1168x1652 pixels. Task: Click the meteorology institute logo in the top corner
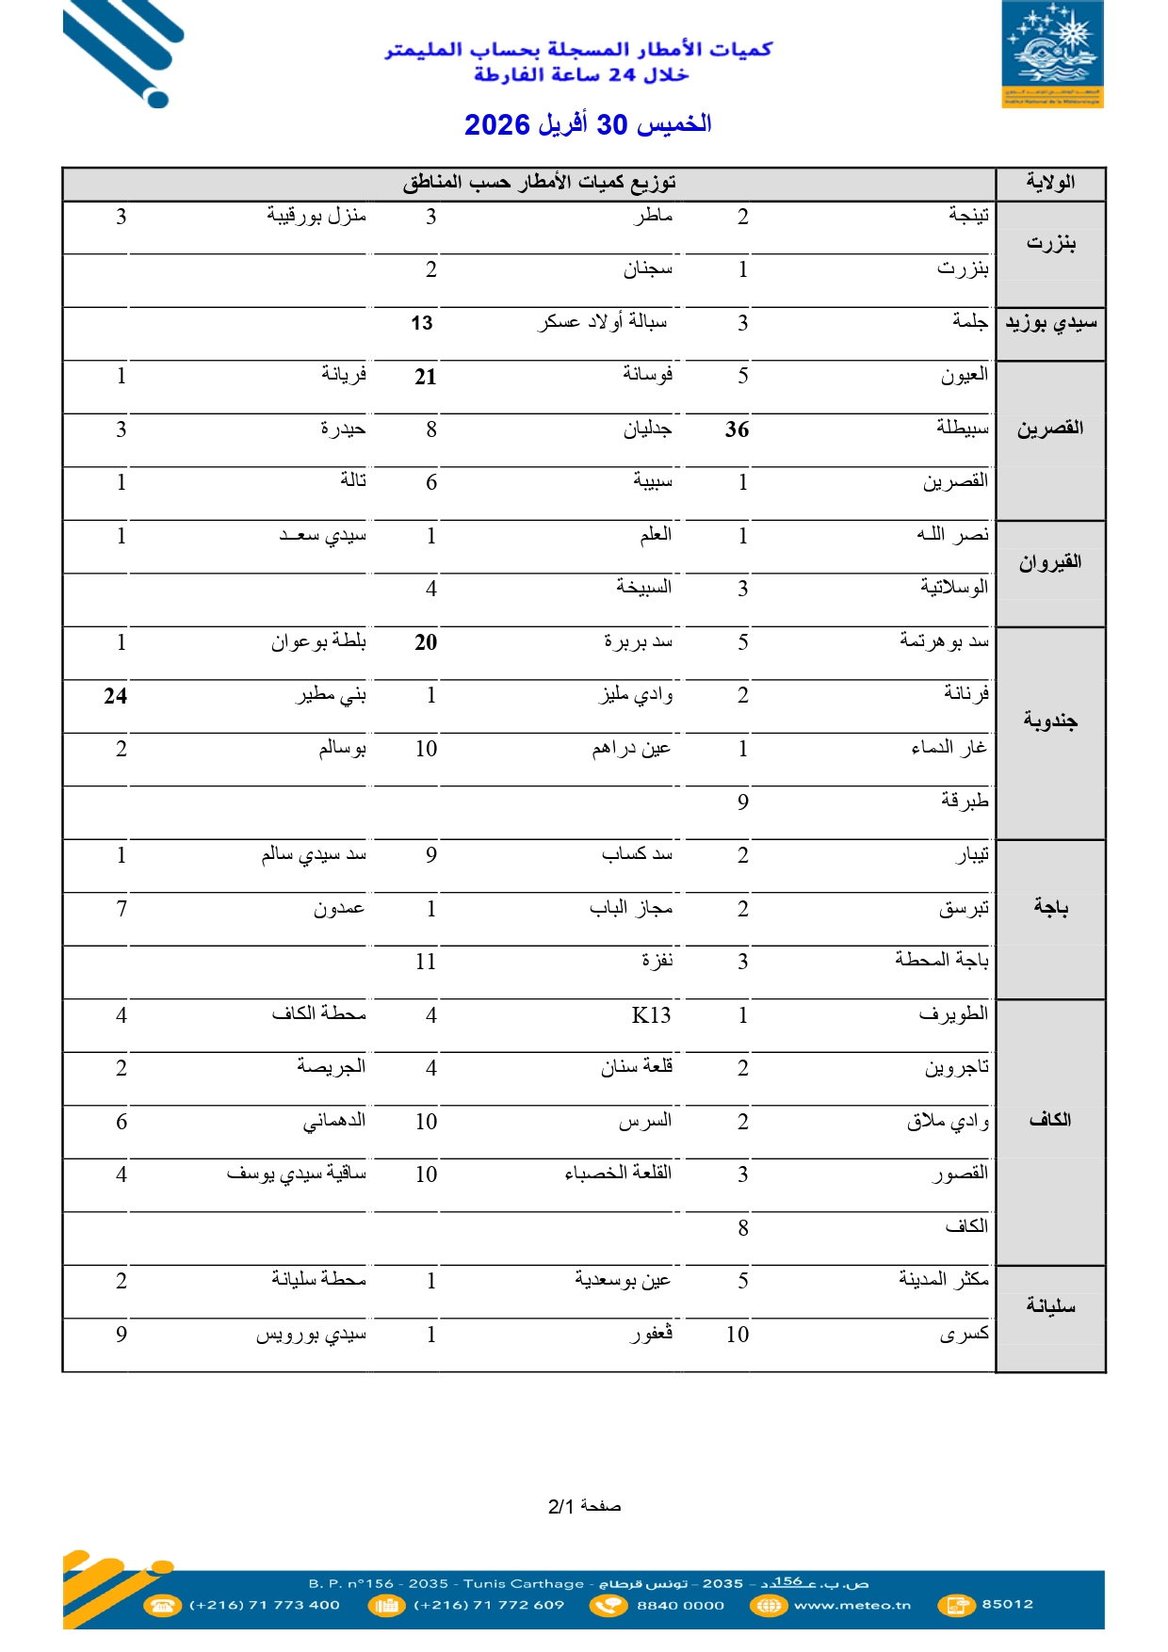point(1052,54)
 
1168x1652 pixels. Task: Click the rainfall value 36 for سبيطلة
point(737,429)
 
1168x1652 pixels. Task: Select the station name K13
point(651,1015)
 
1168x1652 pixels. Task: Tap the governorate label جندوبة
point(1050,721)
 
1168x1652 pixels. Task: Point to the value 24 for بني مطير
point(116,696)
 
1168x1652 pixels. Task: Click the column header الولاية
point(1050,183)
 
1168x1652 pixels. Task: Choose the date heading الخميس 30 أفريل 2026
point(588,124)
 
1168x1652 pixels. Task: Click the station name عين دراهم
point(631,749)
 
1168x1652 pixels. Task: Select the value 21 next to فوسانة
point(426,377)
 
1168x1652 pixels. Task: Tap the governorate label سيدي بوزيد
point(1050,323)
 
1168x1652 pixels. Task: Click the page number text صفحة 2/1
point(584,1506)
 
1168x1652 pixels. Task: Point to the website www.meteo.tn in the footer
point(852,1605)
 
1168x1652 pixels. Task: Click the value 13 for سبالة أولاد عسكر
point(422,323)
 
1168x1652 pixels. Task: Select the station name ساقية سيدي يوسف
point(296,1174)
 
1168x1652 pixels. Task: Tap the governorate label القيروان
point(1050,562)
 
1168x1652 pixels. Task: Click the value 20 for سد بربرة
point(426,642)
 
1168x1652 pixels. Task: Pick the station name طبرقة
point(965,801)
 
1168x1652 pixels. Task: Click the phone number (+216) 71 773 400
point(265,1605)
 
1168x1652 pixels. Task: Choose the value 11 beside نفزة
point(426,962)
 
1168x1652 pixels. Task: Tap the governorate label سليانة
point(1050,1305)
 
